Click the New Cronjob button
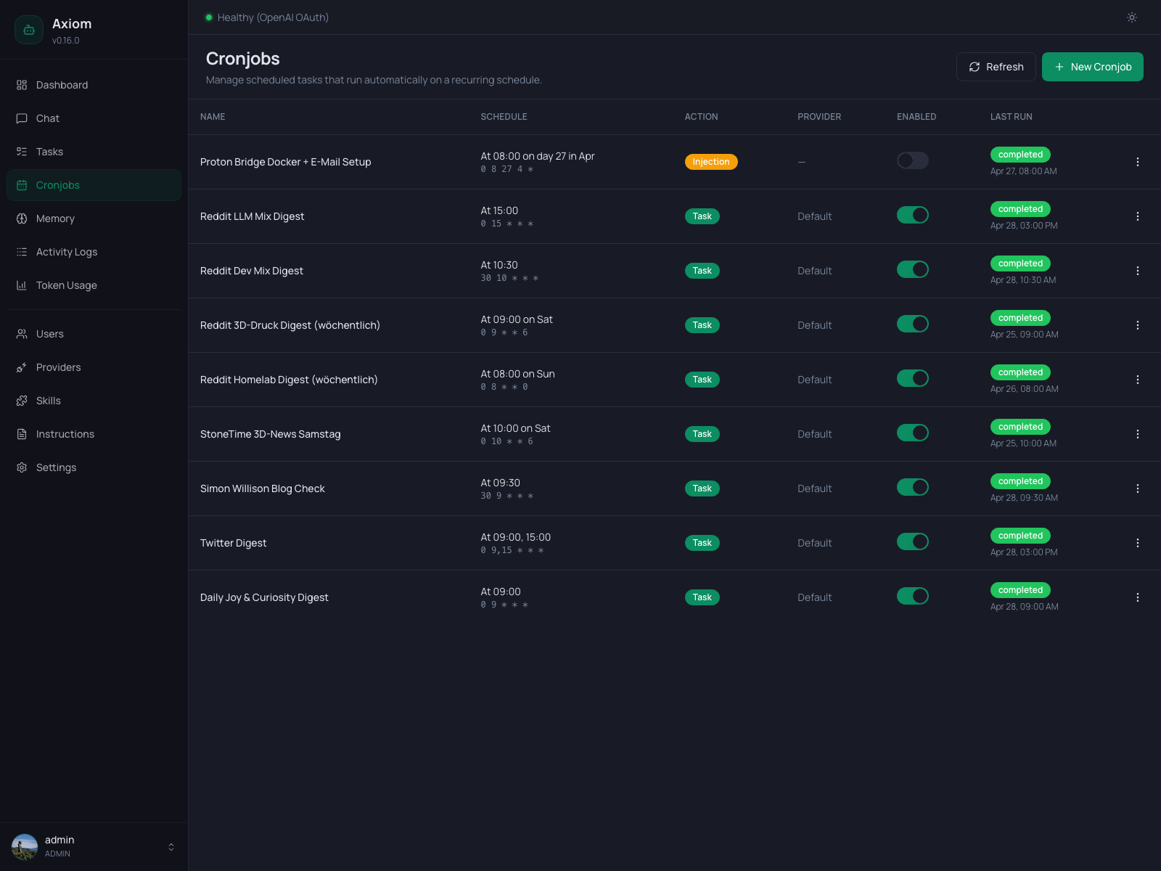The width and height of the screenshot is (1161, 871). point(1092,67)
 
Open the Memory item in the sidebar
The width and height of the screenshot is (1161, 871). point(55,218)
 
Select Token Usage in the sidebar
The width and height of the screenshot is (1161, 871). point(66,285)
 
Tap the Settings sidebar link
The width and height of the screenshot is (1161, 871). point(56,467)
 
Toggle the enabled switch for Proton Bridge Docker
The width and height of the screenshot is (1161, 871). point(912,160)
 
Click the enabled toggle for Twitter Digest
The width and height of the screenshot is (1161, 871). point(912,541)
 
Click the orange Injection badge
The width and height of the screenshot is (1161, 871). point(710,162)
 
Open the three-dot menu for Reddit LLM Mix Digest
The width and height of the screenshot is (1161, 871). point(1137,216)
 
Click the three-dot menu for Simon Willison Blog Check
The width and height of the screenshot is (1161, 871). point(1137,488)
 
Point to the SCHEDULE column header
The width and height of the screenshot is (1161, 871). point(504,117)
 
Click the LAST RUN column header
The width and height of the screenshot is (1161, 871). point(1011,117)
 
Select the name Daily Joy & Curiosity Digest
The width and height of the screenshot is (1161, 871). point(264,597)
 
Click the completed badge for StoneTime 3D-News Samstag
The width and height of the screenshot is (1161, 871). point(1020,427)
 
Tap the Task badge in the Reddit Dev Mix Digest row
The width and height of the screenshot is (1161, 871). point(702,271)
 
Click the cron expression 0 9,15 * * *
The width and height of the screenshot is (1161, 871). point(512,550)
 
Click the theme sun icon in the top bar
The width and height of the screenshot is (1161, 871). point(1131,17)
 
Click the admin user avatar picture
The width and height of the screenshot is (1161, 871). point(25,846)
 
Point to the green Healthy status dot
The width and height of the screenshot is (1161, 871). point(209,17)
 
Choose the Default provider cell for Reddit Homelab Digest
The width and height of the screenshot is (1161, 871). point(814,380)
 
